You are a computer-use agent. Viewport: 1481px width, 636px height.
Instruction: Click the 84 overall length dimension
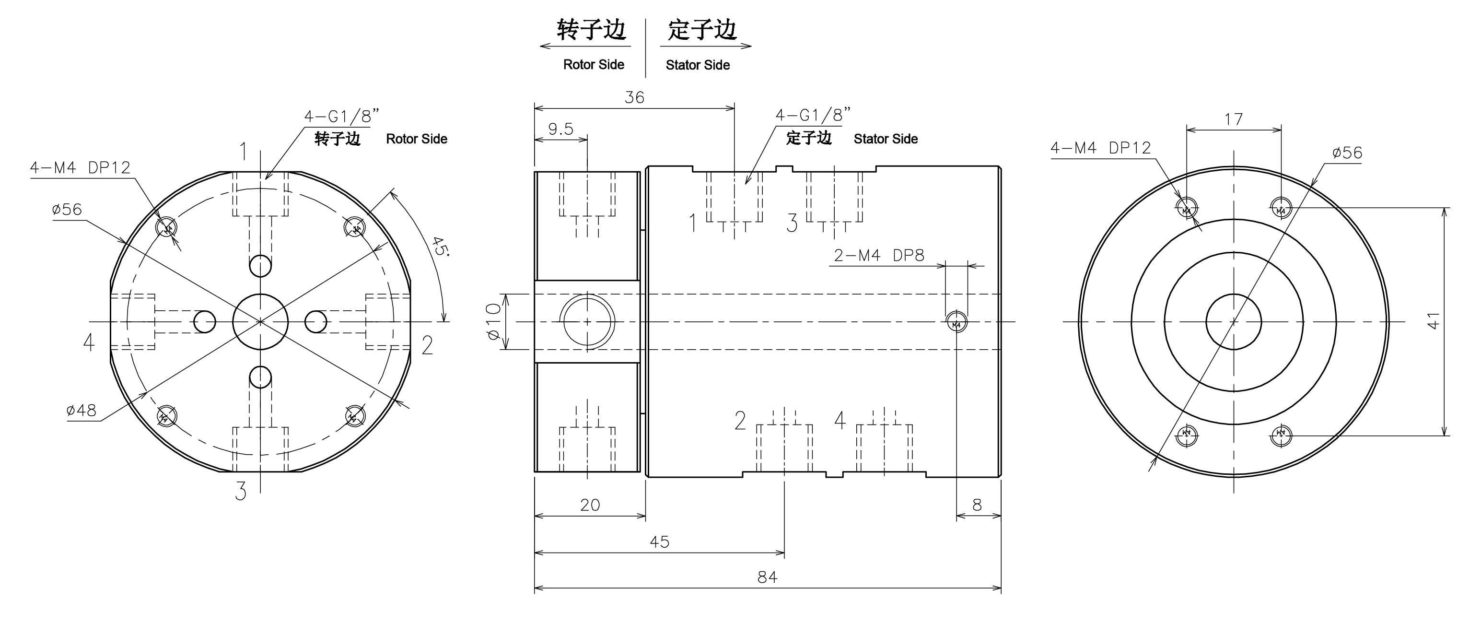(767, 577)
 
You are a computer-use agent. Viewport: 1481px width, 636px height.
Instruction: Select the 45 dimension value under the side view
(659, 542)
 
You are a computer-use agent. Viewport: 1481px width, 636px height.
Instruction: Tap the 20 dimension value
(590, 505)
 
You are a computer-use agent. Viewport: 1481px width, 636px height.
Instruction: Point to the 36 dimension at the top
(634, 97)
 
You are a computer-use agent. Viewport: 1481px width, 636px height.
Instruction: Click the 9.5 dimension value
(560, 129)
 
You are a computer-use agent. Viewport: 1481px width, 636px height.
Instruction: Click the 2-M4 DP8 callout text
(879, 255)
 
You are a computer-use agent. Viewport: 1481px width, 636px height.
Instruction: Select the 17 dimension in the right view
(1234, 119)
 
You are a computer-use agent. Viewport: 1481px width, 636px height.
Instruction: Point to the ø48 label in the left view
(82, 410)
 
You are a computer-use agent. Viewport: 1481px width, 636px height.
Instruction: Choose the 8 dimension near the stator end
(977, 505)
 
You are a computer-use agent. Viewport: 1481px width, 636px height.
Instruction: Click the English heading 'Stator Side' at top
(698, 65)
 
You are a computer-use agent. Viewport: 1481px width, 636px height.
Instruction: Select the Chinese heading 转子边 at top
(591, 30)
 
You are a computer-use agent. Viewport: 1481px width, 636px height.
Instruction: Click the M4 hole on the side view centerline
(956, 321)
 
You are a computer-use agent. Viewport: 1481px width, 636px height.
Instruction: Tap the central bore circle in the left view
(260, 321)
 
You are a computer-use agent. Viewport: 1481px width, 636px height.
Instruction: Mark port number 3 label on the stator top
(792, 223)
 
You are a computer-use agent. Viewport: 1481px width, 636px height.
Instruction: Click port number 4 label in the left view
(89, 342)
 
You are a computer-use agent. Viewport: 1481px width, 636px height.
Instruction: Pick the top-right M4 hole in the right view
(1281, 208)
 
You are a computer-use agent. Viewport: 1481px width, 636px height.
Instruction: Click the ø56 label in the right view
(1347, 153)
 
